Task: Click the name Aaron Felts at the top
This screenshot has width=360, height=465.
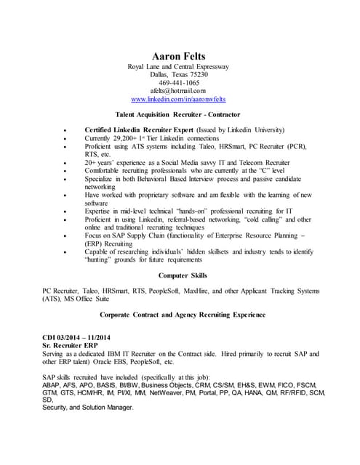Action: [x=178, y=56]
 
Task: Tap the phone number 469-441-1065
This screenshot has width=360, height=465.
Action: [x=179, y=83]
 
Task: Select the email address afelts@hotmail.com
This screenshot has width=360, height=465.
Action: [x=179, y=91]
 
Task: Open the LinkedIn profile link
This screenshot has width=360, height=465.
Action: [x=179, y=99]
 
